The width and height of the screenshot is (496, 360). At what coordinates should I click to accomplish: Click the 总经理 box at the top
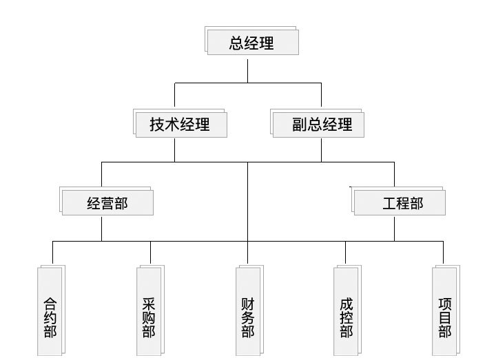click(x=252, y=43)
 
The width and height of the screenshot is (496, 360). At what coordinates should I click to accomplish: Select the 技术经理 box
click(x=180, y=125)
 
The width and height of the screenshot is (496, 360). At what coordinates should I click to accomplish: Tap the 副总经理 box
click(x=318, y=125)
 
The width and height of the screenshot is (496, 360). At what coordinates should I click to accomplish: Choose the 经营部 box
click(x=107, y=203)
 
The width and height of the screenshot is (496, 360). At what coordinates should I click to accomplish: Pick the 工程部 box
click(x=400, y=203)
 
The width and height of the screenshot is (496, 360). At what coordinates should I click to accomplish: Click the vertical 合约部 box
click(x=50, y=311)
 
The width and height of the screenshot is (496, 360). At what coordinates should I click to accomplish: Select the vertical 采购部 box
click(x=149, y=311)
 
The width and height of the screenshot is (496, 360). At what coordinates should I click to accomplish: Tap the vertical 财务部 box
click(x=248, y=311)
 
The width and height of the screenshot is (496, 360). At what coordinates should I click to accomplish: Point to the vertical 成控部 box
click(x=347, y=311)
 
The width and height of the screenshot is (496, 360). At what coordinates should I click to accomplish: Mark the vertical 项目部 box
click(x=445, y=311)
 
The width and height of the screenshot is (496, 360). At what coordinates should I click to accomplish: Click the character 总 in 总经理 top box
click(x=237, y=43)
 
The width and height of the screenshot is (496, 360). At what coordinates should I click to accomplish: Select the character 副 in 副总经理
click(x=299, y=125)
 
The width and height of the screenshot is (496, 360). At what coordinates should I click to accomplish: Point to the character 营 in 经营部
click(x=107, y=203)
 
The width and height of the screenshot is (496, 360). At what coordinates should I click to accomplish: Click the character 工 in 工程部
click(x=389, y=203)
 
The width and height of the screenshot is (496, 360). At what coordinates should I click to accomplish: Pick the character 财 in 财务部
click(x=248, y=303)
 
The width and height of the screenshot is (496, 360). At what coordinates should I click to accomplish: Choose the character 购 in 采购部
click(x=149, y=317)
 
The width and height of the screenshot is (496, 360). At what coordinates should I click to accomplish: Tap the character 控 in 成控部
click(x=347, y=317)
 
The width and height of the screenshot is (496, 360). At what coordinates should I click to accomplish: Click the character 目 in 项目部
click(x=445, y=317)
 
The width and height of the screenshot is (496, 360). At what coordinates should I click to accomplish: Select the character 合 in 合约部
click(x=50, y=303)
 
